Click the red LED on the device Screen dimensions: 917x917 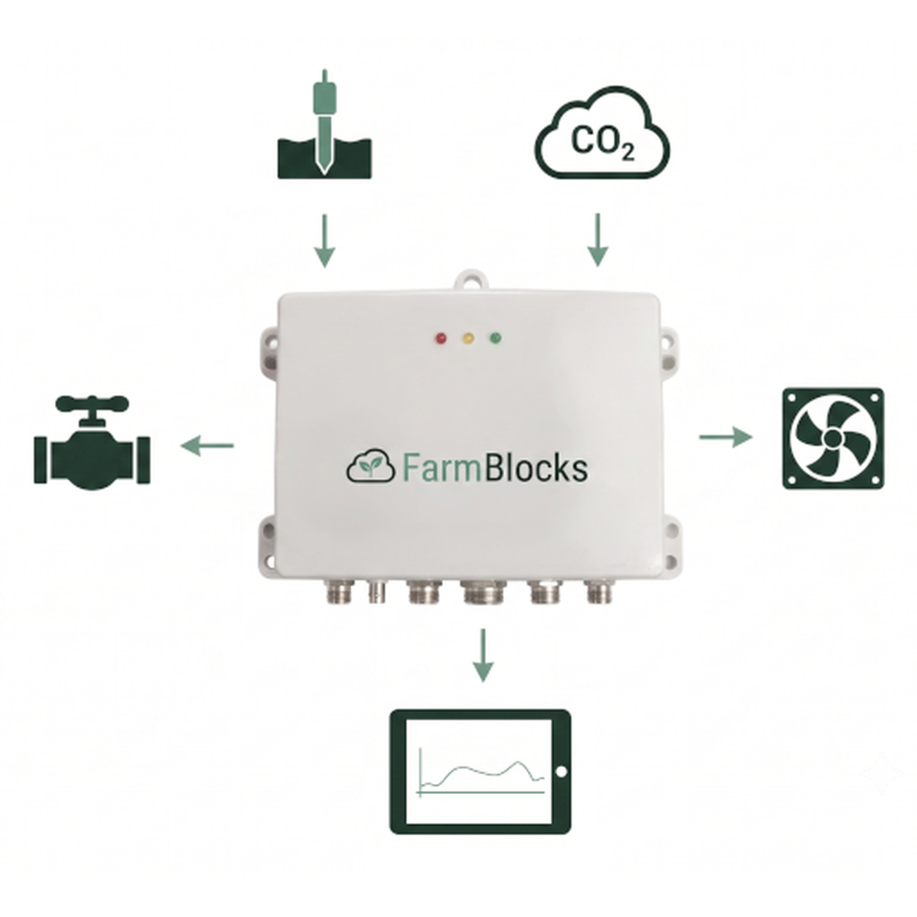(441, 338)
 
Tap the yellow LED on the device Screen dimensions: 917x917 (468, 338)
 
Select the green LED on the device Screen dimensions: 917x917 (496, 338)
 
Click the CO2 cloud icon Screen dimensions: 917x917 (601, 133)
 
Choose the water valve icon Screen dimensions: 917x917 (93, 442)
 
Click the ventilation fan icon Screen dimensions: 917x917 (833, 438)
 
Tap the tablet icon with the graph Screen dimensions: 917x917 (480, 772)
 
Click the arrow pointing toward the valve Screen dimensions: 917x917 (207, 446)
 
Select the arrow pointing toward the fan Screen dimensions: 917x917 (726, 437)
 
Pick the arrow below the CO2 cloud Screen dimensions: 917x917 (597, 240)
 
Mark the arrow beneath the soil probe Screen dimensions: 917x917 (325, 241)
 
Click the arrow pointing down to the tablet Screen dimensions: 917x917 (482, 655)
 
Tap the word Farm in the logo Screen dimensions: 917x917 (441, 468)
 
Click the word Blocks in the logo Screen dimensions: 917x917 (535, 467)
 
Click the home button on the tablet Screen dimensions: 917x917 (560, 772)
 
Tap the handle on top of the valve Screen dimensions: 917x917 (92, 403)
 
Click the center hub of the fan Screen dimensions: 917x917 (832, 438)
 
